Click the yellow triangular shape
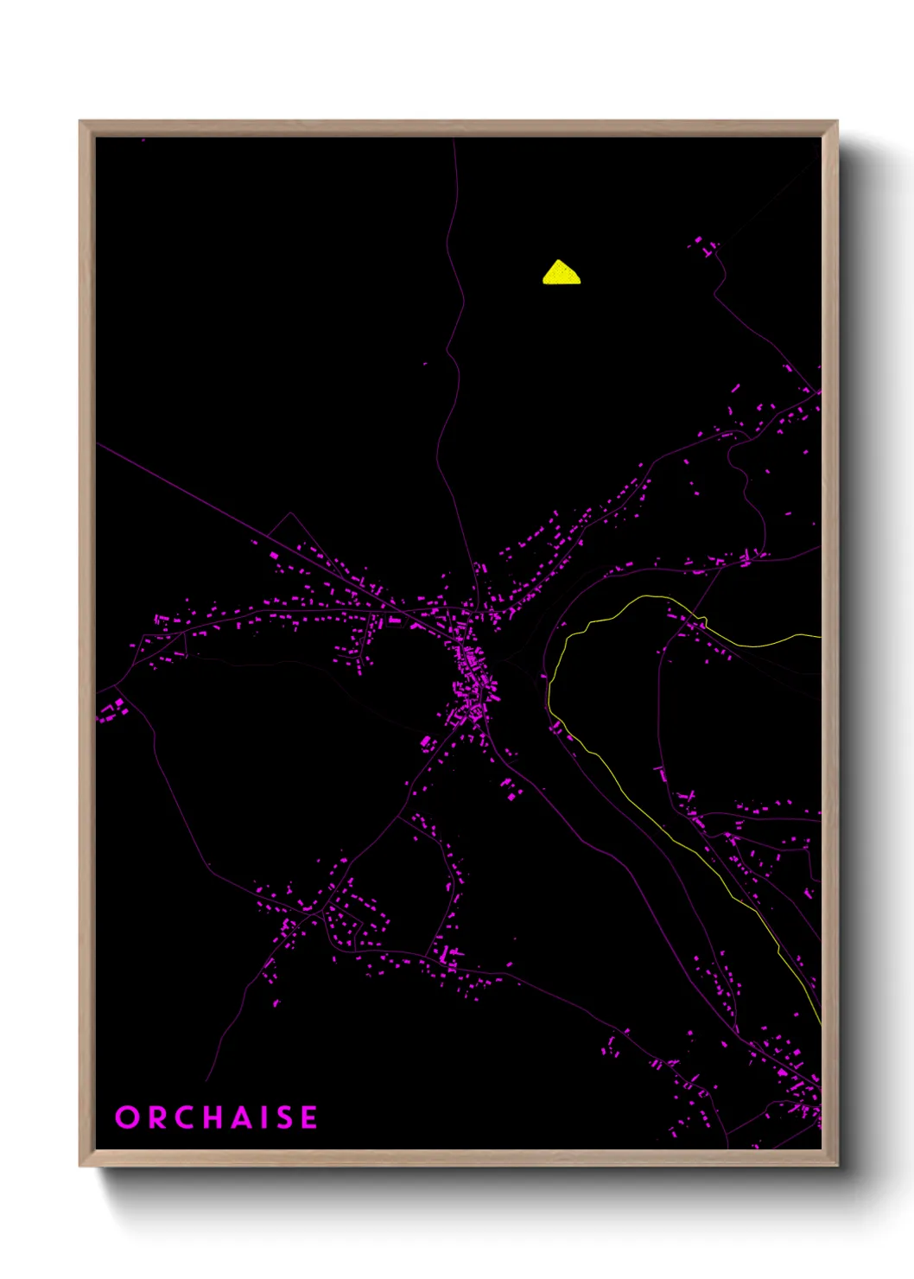[x=562, y=273]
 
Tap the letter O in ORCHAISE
[x=127, y=1117]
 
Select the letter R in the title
[x=156, y=1117]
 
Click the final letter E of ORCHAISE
[x=308, y=1117]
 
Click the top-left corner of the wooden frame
[x=80, y=122]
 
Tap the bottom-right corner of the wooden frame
[x=836, y=1165]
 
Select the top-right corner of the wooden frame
[x=836, y=122]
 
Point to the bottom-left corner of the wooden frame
[x=80, y=1165]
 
